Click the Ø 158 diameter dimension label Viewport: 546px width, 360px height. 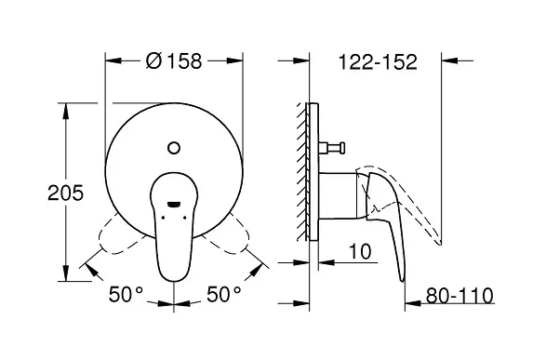(174, 60)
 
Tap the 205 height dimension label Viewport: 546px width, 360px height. (65, 193)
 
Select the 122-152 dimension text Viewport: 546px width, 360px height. (378, 62)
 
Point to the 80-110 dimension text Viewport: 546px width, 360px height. (459, 296)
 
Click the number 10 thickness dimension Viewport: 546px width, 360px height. (360, 251)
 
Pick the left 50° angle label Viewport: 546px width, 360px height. (126, 294)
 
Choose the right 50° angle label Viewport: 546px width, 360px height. (224, 294)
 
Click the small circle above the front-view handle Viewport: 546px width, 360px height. (174, 148)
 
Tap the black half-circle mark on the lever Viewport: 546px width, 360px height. (174, 205)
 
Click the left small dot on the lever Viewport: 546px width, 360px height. (163, 218)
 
